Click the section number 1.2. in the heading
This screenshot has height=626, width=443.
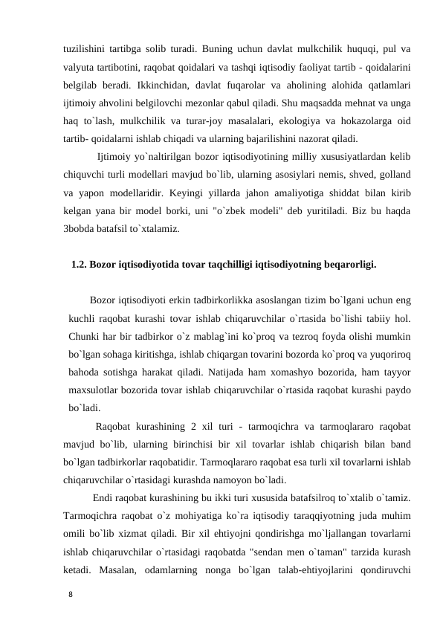[x=79, y=263]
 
